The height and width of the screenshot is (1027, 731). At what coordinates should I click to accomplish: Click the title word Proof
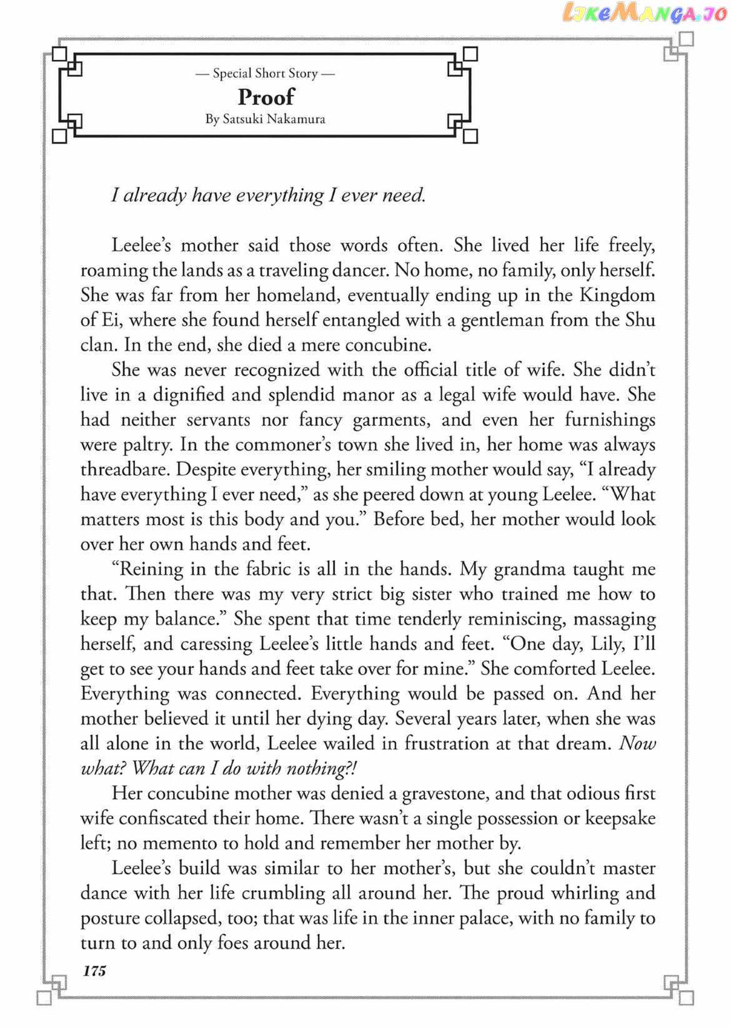click(266, 97)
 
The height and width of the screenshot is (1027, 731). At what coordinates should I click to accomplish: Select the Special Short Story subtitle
click(266, 73)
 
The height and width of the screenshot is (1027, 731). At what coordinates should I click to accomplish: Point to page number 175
click(94, 970)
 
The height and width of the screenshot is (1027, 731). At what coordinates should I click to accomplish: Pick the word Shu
click(639, 319)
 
